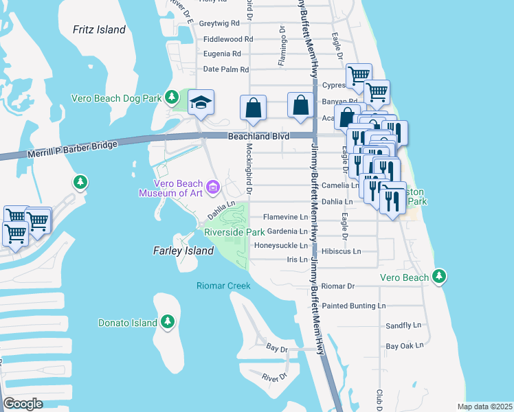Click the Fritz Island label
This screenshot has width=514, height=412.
point(100,30)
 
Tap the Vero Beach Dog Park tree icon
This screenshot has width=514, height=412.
point(177,98)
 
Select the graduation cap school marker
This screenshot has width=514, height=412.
point(201,103)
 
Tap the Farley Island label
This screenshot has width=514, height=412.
point(183,251)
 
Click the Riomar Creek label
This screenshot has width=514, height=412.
point(223,286)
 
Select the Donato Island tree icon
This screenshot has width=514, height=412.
point(167,321)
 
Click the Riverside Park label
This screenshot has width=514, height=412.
point(234,232)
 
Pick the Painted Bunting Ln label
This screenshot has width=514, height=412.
point(354,305)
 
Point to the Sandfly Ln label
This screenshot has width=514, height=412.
point(403,325)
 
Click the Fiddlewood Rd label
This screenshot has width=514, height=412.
point(228,39)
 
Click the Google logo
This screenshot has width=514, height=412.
point(23,403)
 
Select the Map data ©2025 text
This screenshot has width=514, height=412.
point(484,407)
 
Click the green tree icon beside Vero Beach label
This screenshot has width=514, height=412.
point(440,277)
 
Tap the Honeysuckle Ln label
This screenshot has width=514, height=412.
point(282,245)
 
